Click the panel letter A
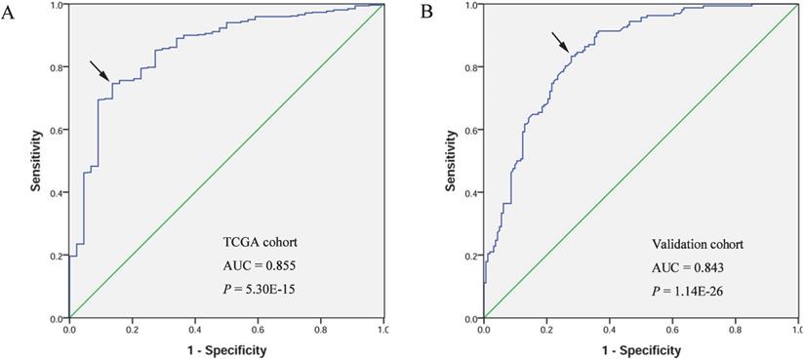[8, 13]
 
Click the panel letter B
[425, 13]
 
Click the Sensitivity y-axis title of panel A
[35, 162]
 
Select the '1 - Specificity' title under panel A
[225, 348]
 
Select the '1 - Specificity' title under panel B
[641, 348]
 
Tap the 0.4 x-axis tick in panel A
[194, 330]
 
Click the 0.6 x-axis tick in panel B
[672, 330]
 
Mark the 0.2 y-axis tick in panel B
[471, 256]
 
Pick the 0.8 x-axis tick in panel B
[736, 330]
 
